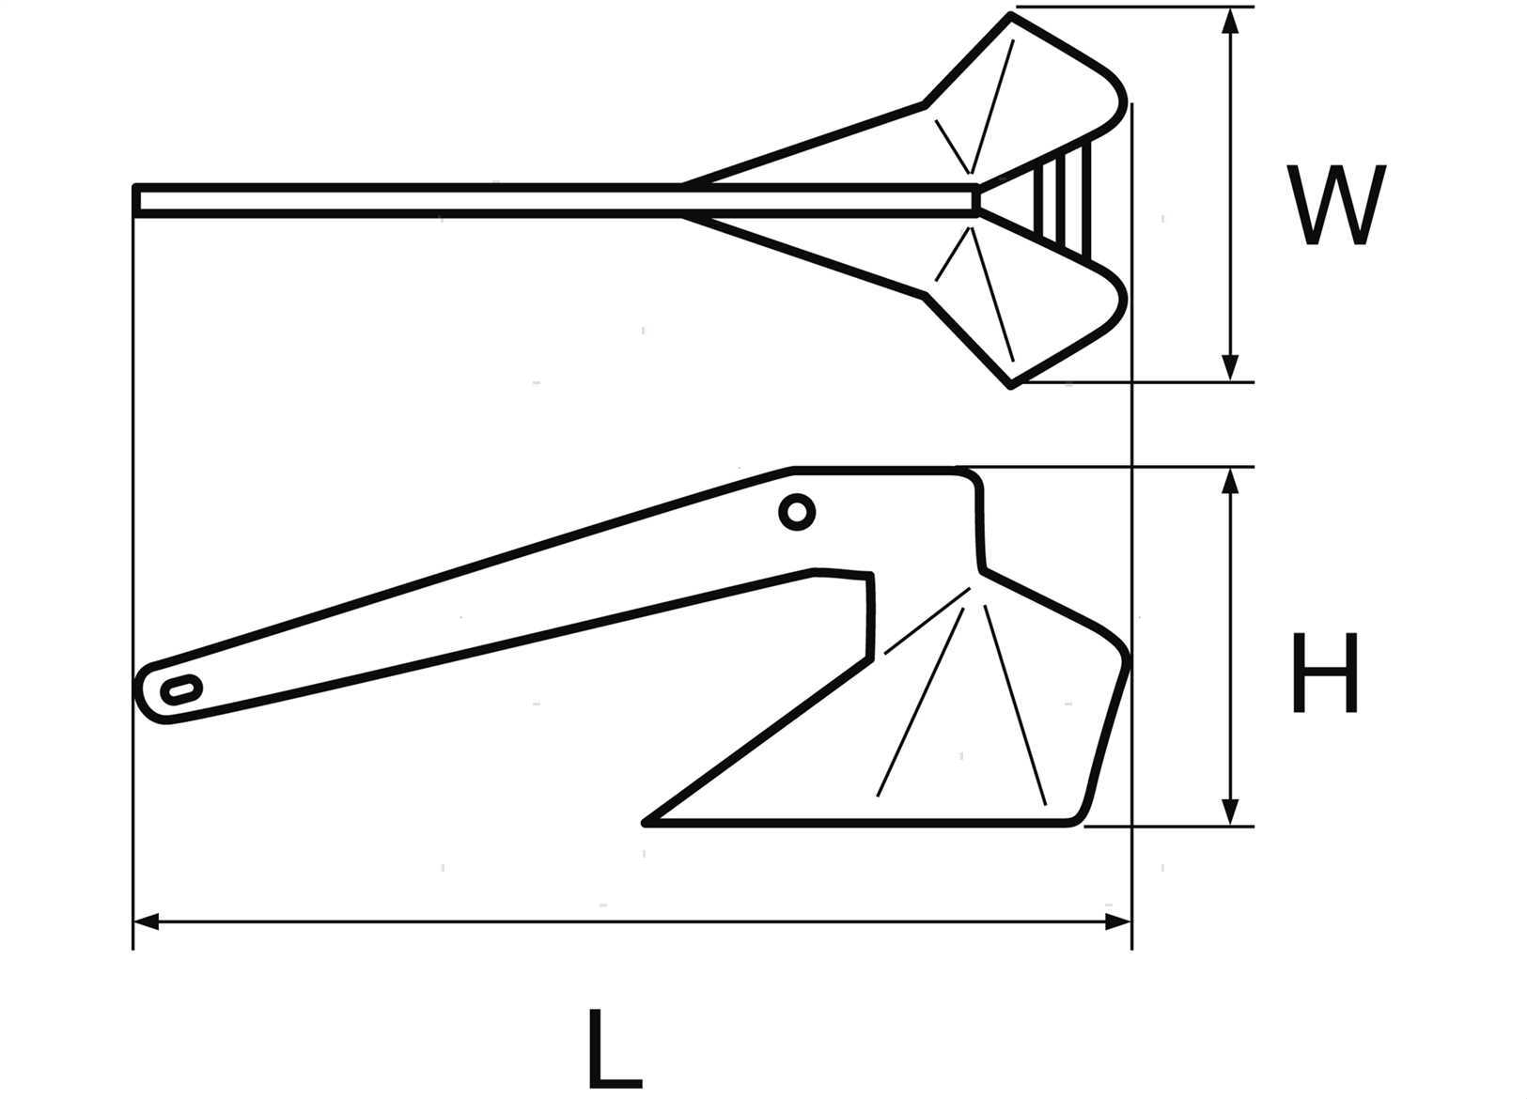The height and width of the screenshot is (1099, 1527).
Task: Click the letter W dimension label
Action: pyautogui.click(x=1336, y=205)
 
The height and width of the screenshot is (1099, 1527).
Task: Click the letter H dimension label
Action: pyautogui.click(x=1325, y=673)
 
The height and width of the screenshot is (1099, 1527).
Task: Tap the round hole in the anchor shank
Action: pyautogui.click(x=797, y=512)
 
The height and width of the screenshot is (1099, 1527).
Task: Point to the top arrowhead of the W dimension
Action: pyautogui.click(x=1230, y=21)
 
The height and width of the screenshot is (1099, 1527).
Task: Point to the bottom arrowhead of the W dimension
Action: pyautogui.click(x=1230, y=368)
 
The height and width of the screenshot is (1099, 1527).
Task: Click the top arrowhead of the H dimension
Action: pyautogui.click(x=1230, y=481)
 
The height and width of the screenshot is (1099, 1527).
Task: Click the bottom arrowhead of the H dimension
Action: pyautogui.click(x=1230, y=813)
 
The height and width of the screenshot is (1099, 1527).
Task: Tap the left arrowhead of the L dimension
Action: pyautogui.click(x=146, y=922)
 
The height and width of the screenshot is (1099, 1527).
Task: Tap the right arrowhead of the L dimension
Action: pyautogui.click(x=1118, y=922)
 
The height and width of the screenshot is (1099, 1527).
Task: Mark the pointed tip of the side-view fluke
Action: pyautogui.click(x=646, y=824)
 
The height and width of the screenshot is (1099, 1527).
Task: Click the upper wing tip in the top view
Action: pyautogui.click(x=1010, y=15)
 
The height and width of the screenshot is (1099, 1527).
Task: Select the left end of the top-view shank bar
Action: pyautogui.click(x=135, y=201)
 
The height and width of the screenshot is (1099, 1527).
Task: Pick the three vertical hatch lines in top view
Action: pyautogui.click(x=1062, y=201)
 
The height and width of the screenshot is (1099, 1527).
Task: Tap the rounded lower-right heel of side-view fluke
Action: pyautogui.click(x=1081, y=816)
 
